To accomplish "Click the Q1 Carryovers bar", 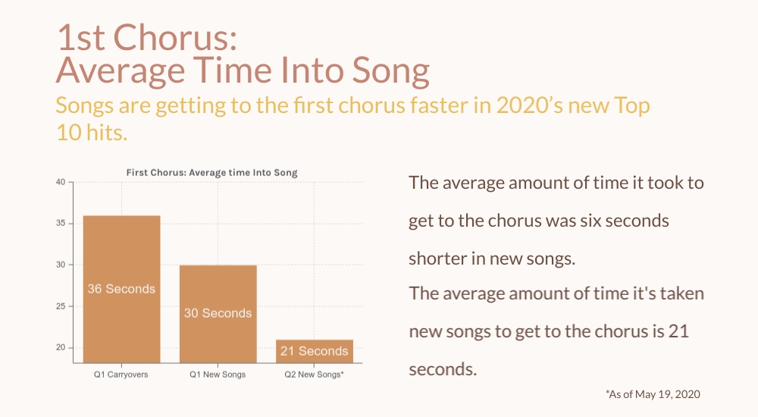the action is [x=121, y=290].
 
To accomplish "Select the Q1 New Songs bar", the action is [x=218, y=314].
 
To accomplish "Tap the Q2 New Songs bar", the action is [x=315, y=351].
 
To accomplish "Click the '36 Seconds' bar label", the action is [x=121, y=289].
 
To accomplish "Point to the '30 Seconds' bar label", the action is [x=218, y=313].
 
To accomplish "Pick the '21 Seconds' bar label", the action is [x=315, y=351].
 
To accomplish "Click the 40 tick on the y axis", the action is [x=61, y=183].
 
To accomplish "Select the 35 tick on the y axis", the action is [x=61, y=224].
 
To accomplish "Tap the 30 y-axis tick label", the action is [x=61, y=265].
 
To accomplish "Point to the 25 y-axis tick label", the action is [x=61, y=306].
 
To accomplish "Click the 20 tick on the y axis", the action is [x=61, y=347].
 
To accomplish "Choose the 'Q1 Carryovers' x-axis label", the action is [x=121, y=375].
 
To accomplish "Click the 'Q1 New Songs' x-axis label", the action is [x=218, y=375].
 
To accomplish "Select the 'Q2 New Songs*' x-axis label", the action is [x=315, y=375].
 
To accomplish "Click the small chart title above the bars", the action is [x=211, y=173].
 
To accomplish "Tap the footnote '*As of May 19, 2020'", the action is [x=653, y=394].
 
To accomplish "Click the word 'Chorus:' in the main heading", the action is [x=175, y=37].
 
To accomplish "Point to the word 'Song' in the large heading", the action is [x=390, y=71].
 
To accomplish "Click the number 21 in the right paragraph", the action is [x=678, y=331].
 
